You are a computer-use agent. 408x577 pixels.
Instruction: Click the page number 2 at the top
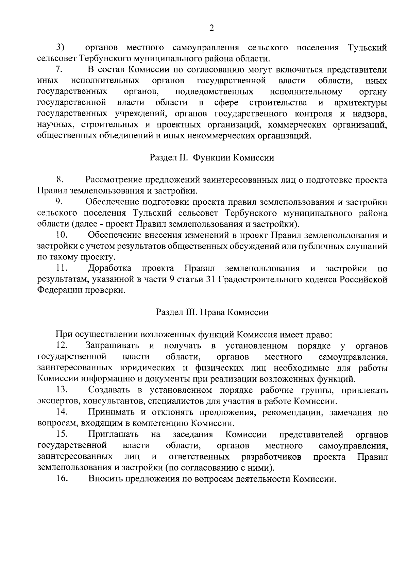pyautogui.click(x=211, y=29)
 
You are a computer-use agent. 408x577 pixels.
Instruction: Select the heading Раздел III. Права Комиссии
pyautogui.click(x=212, y=312)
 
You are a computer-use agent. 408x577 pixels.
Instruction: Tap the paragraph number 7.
pyautogui.click(x=59, y=70)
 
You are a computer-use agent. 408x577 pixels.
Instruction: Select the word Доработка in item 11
pyautogui.click(x=110, y=269)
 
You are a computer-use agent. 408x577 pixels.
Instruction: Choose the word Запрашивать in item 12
pyautogui.click(x=112, y=346)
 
